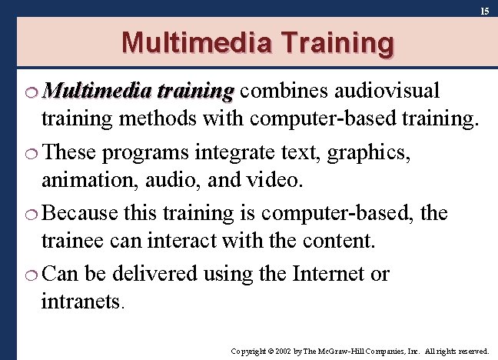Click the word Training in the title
pos(334,42)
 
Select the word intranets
pos(81,302)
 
